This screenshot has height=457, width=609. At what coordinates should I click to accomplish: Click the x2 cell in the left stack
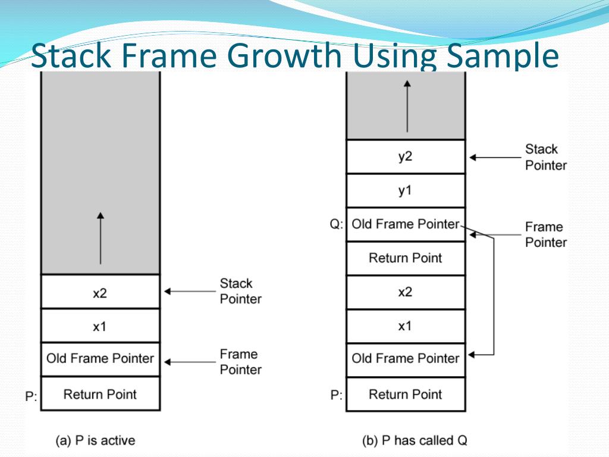(100, 292)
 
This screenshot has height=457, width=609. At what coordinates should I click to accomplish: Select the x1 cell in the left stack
(100, 325)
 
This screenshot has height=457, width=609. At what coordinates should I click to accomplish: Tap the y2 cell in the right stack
(405, 156)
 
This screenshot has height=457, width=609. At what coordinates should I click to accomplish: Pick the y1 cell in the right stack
(405, 190)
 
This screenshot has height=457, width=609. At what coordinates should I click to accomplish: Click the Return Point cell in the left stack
(100, 394)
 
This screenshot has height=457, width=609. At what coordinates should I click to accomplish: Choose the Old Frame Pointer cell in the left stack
(100, 359)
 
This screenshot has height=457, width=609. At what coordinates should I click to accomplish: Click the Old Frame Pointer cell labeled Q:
(405, 224)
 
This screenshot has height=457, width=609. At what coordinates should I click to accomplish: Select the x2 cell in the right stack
(405, 292)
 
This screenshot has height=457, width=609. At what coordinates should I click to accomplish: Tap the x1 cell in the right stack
(405, 325)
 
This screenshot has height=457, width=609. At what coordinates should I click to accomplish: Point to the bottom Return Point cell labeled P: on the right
(405, 394)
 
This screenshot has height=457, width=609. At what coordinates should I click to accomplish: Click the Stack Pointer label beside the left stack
(240, 291)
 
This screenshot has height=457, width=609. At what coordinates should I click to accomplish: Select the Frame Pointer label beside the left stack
(240, 362)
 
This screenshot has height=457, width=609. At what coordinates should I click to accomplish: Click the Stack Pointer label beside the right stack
(545, 157)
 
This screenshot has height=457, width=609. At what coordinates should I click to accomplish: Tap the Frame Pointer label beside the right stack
(545, 234)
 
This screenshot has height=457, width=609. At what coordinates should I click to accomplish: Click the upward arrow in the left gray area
(100, 238)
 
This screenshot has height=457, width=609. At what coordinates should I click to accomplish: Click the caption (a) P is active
(95, 441)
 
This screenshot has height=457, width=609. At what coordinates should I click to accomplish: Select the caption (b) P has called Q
(415, 441)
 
